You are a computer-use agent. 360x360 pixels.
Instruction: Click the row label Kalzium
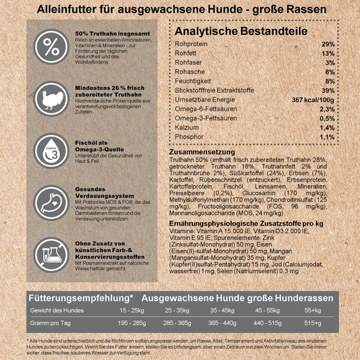click(187, 127)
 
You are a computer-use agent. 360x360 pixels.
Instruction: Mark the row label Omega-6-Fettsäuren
click(206, 108)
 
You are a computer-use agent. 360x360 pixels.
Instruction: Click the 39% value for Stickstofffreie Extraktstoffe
click(327, 90)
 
